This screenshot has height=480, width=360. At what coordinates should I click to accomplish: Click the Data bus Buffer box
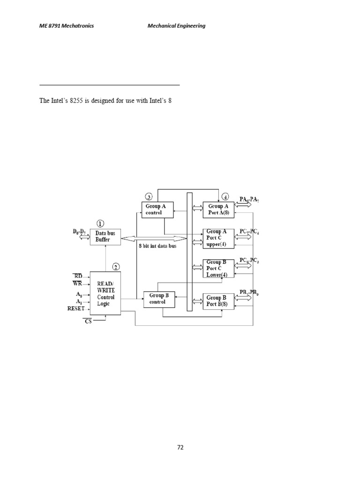(x=105, y=236)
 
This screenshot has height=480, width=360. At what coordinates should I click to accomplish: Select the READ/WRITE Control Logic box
(x=105, y=293)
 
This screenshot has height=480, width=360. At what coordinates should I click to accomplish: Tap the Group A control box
(x=157, y=209)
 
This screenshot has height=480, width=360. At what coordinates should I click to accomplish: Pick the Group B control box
(x=159, y=299)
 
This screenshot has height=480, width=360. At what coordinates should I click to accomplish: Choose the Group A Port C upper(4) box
(x=218, y=238)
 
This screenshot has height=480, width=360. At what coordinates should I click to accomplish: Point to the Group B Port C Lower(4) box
(x=218, y=269)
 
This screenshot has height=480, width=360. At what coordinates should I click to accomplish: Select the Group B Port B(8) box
(x=218, y=300)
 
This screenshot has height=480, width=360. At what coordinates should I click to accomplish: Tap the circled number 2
(x=115, y=267)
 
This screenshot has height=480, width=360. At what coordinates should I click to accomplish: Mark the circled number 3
(x=149, y=196)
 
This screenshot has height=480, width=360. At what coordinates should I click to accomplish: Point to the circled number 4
(x=225, y=196)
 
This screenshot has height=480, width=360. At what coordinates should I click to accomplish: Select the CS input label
(x=89, y=322)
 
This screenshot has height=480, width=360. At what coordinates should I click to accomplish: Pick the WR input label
(x=77, y=283)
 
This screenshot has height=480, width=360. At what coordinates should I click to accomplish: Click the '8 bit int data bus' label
(x=157, y=246)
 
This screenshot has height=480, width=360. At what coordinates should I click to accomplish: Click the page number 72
(x=180, y=447)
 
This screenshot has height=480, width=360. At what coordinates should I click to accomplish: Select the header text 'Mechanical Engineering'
(x=176, y=26)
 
